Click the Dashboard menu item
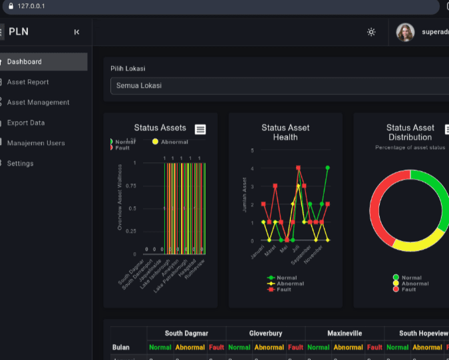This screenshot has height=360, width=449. point(25,62)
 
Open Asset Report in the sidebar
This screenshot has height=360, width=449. point(28,82)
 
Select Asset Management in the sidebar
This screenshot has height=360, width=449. point(38,102)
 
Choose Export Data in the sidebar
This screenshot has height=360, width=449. point(26,122)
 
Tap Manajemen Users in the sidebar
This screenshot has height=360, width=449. point(36,143)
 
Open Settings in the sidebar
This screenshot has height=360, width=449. point(20,163)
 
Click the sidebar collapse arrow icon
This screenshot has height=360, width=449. point(76,32)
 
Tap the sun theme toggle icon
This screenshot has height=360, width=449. point(371,32)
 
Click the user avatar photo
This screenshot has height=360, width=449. point(405,32)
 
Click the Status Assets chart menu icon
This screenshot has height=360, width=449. point(200,129)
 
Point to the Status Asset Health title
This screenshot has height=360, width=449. point(285,132)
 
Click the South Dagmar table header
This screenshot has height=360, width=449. point(186,333)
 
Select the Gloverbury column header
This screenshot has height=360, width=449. point(265,333)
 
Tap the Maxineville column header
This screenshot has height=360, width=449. point(345,333)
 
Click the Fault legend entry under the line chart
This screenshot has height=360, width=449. point(283,289)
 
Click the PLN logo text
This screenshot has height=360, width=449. point(19,32)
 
